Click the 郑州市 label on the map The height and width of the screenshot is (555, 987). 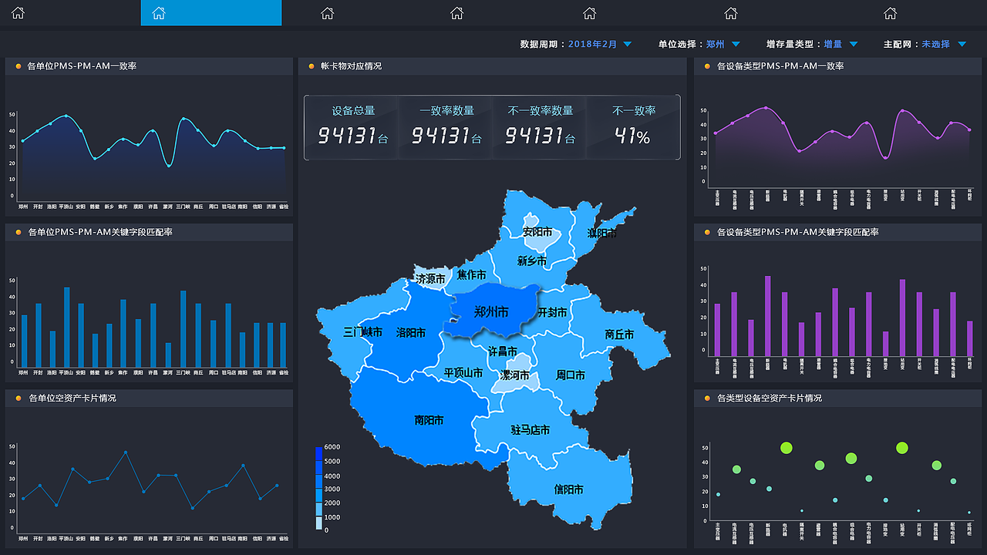coord(491,312)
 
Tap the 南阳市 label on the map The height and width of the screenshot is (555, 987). coord(429,421)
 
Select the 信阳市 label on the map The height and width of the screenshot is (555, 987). coord(568,489)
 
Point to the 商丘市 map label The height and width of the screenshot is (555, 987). coord(619,335)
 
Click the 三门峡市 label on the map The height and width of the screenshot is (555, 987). coord(362,332)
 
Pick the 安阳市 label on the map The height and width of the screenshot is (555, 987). coord(537,232)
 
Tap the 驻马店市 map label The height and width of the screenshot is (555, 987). coord(530,430)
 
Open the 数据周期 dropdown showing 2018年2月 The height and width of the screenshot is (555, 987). coord(600,45)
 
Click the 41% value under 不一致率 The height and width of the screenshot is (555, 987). coord(633,136)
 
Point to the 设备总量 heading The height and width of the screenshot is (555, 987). coord(353,111)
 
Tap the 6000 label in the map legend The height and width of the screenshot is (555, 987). coord(332,447)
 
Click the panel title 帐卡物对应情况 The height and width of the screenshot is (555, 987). coord(351,66)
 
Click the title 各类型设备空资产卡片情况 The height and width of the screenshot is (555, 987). coord(769,399)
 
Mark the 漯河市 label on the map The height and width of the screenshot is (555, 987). coord(515,375)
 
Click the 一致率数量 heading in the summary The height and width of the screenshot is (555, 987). coord(446,111)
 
